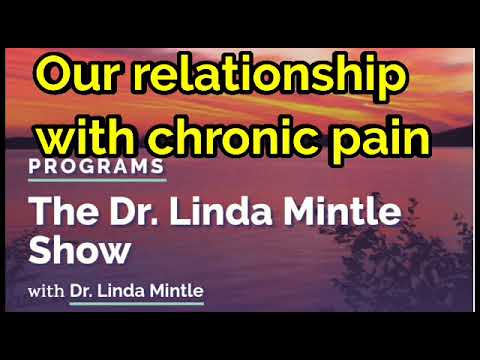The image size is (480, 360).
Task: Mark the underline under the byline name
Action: (x=135, y=303)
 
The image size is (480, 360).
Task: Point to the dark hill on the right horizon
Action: (x=455, y=135)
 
